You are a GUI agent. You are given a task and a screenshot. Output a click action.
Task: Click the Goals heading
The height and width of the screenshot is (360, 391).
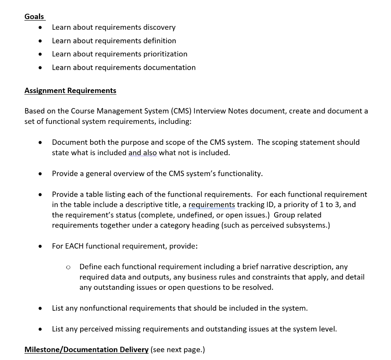click(x=34, y=16)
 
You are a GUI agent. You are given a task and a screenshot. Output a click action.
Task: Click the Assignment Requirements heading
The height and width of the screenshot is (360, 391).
click(x=70, y=90)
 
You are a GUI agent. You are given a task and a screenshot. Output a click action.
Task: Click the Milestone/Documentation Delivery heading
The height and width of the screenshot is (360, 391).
click(x=86, y=349)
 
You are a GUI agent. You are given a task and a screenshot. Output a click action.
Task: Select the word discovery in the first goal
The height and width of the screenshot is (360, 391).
click(x=159, y=27)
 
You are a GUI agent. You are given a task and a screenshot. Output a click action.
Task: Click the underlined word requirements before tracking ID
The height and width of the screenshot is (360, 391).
click(x=212, y=204)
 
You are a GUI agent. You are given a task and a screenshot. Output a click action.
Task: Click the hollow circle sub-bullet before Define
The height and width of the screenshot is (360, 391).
click(x=68, y=267)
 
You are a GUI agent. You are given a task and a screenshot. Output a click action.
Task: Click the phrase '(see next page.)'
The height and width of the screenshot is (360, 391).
click(x=178, y=349)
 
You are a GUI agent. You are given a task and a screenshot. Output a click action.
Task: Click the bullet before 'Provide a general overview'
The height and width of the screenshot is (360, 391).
click(x=40, y=174)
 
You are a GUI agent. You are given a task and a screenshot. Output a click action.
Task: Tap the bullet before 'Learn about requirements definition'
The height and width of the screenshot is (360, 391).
click(x=40, y=41)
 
